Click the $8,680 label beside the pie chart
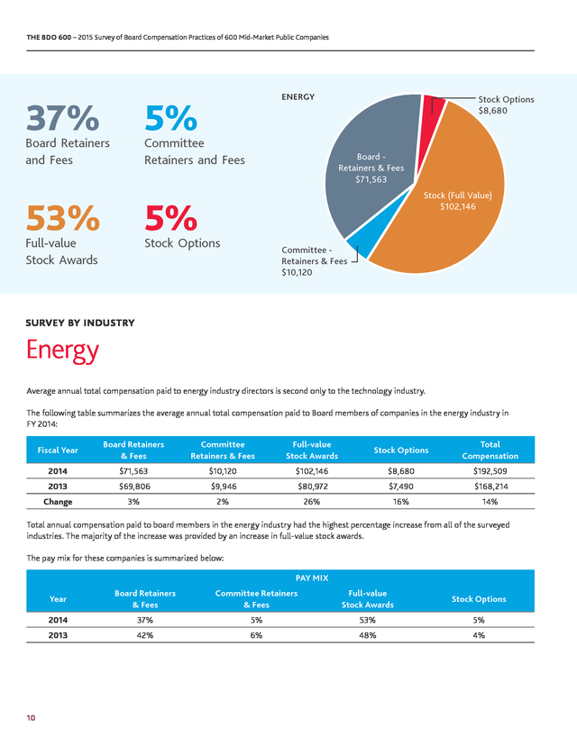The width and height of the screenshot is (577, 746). [x=493, y=111]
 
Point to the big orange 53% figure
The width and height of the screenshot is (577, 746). [x=63, y=218]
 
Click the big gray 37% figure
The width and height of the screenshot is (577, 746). [x=62, y=118]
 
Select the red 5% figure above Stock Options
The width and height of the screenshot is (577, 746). [x=171, y=218]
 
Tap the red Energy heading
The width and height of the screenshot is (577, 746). [x=62, y=350]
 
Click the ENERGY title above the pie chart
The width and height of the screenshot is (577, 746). [x=298, y=97]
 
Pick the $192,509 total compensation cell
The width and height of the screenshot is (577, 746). [x=490, y=471]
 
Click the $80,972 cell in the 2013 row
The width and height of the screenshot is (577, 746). [x=312, y=487]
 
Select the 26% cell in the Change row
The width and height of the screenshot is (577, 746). [x=312, y=502]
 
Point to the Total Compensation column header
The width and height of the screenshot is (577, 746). [x=490, y=450]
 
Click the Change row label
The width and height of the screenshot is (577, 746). [x=58, y=502]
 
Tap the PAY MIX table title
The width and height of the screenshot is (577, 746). [x=312, y=578]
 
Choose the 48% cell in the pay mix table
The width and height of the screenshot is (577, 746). [x=368, y=635]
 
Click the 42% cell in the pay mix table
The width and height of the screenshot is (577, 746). [x=145, y=635]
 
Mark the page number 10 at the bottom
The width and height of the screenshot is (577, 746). [x=31, y=718]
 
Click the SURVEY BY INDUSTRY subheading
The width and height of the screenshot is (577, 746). [x=80, y=323]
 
